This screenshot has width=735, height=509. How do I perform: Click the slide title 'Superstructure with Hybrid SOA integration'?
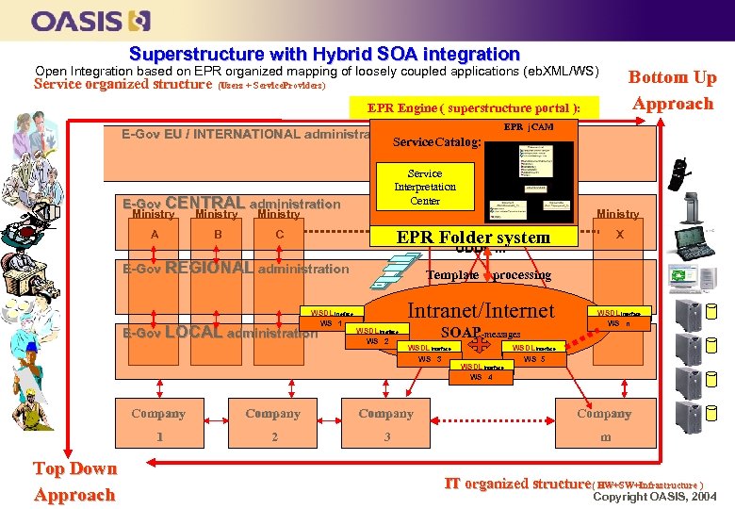[x=324, y=55]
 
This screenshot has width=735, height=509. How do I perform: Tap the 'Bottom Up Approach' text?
[x=672, y=90]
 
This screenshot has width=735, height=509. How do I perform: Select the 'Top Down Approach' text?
[x=74, y=482]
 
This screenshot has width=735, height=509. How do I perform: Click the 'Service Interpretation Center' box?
[x=424, y=187]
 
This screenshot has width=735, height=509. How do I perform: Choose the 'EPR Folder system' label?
[x=473, y=238]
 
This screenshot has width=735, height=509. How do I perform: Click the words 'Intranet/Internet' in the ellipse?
[x=481, y=310]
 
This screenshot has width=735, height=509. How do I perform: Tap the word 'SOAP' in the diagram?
[x=461, y=332]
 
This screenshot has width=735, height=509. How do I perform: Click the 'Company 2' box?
[x=273, y=424]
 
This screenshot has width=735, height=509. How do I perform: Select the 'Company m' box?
[x=604, y=424]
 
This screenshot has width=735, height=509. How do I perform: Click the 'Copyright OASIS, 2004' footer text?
[x=654, y=496]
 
